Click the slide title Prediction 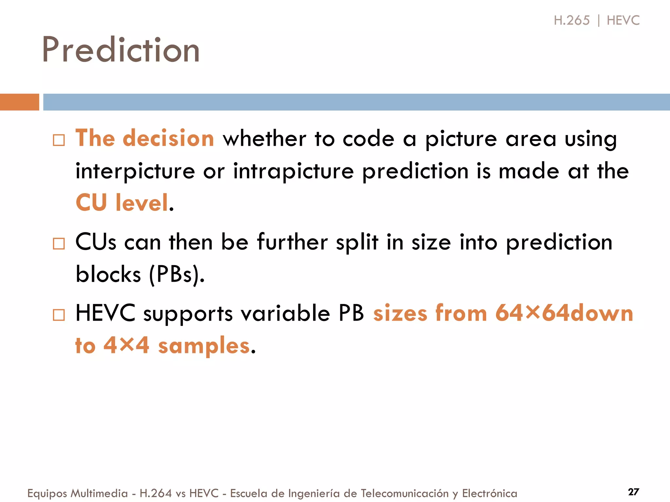click(121, 50)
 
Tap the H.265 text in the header click(572, 20)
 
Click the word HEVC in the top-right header click(623, 20)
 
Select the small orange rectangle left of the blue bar click(19, 102)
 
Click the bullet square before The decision click(59, 140)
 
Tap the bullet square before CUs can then click(59, 244)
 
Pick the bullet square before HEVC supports click(59, 315)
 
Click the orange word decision click(168, 138)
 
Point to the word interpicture click(135, 171)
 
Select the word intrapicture click(293, 171)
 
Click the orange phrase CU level click(122, 203)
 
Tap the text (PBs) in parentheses click(177, 275)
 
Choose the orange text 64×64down click(564, 313)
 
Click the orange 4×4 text click(127, 345)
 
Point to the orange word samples click(204, 346)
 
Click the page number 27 click(633, 492)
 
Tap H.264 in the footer click(156, 493)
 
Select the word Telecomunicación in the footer click(405, 493)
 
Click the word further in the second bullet click(292, 242)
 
